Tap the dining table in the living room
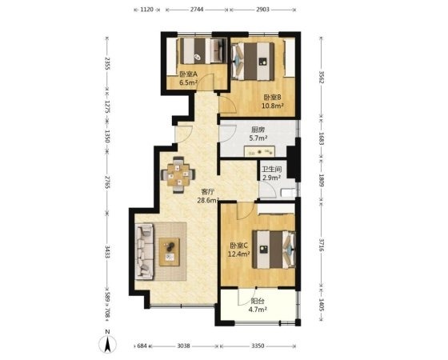[x=178, y=174]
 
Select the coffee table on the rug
[x=170, y=252]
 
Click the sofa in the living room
[x=144, y=251]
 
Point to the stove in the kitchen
[x=259, y=151]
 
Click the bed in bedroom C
[x=274, y=250]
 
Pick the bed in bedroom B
[x=253, y=61]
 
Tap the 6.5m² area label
[x=189, y=83]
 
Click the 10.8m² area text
[x=273, y=106]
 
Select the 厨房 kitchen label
[x=258, y=130]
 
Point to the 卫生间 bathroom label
[x=272, y=170]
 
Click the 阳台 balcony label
[x=258, y=301]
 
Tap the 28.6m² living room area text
[x=208, y=200]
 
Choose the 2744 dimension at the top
[x=197, y=10]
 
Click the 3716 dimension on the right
[x=321, y=245]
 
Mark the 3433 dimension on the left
[x=108, y=252]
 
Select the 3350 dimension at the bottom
[x=258, y=346]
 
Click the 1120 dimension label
[x=147, y=10]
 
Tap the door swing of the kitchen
[x=228, y=133]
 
